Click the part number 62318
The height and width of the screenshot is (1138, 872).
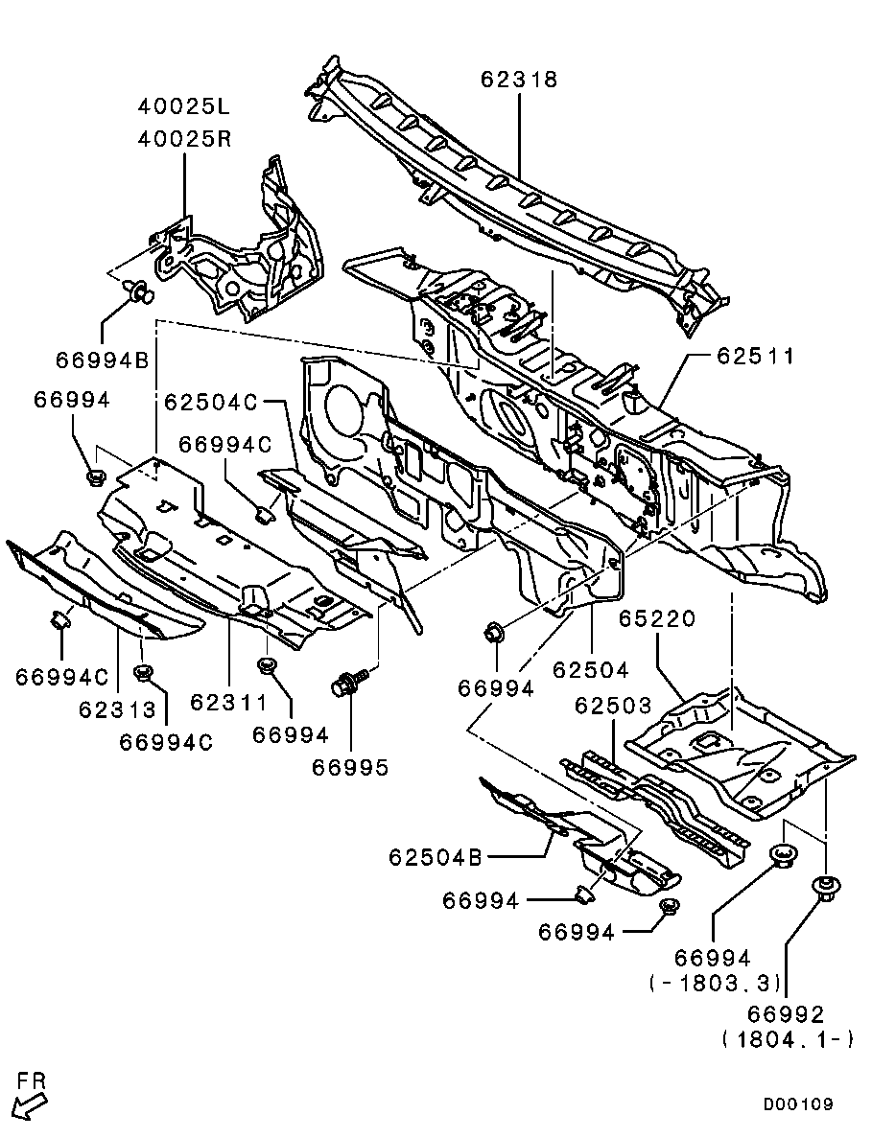pyautogui.click(x=519, y=80)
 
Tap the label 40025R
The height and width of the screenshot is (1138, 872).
pyautogui.click(x=183, y=138)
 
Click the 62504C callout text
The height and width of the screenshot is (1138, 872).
pyautogui.click(x=210, y=402)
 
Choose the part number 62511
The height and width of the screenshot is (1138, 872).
pyautogui.click(x=755, y=357)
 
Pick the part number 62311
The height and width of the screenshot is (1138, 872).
pyautogui.click(x=228, y=704)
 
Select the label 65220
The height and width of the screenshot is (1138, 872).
pyautogui.click(x=656, y=620)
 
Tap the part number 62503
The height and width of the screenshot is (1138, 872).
pyautogui.click(x=613, y=705)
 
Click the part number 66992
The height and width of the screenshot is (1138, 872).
pyautogui.click(x=787, y=1014)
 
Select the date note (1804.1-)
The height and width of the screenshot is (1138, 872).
pyautogui.click(x=787, y=1039)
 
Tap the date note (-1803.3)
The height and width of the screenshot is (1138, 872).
pyautogui.click(x=715, y=983)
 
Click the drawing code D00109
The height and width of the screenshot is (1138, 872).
pyautogui.click(x=798, y=1104)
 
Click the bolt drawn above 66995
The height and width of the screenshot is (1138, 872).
pyautogui.click(x=347, y=685)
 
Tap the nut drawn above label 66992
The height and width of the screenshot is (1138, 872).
pyautogui.click(x=823, y=887)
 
